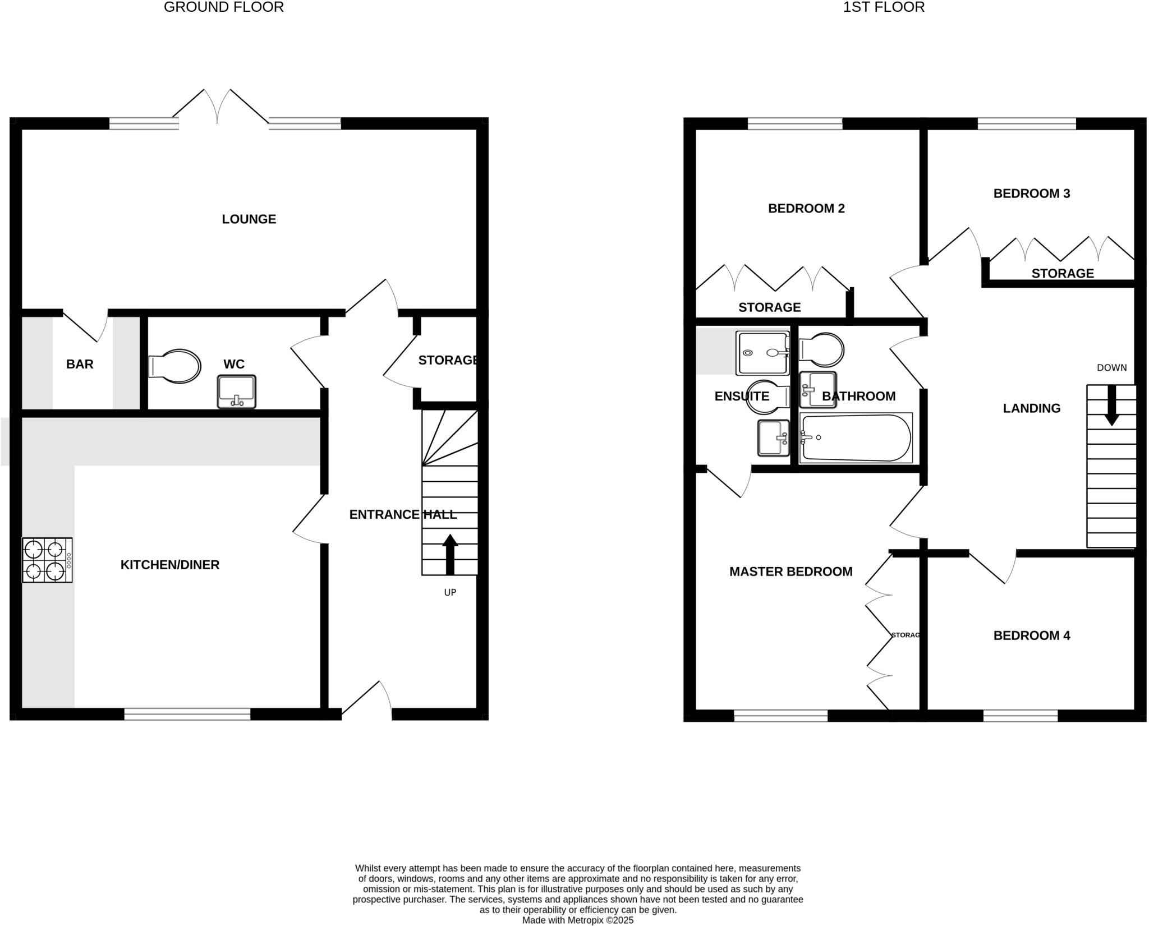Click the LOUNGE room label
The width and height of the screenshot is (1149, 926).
click(249, 219)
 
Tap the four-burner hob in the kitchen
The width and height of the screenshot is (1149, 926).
click(47, 560)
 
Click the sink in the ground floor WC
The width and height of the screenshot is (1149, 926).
click(236, 391)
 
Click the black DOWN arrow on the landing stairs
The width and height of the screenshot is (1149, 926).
click(1111, 404)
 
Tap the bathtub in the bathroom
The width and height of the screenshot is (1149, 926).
click(855, 438)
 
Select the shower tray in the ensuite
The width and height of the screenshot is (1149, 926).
click(762, 353)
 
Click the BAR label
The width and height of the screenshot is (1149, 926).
click(80, 365)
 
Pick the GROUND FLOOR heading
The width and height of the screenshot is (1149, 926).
click(223, 7)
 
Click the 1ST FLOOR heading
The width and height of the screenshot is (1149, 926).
click(884, 7)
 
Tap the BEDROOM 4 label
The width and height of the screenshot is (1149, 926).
click(1031, 635)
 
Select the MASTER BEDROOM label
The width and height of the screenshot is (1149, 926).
click(790, 572)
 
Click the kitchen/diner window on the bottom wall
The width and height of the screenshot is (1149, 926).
click(187, 714)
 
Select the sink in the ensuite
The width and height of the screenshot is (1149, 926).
click(773, 438)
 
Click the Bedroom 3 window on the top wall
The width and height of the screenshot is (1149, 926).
click(1026, 123)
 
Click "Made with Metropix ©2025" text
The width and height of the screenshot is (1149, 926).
click(577, 920)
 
